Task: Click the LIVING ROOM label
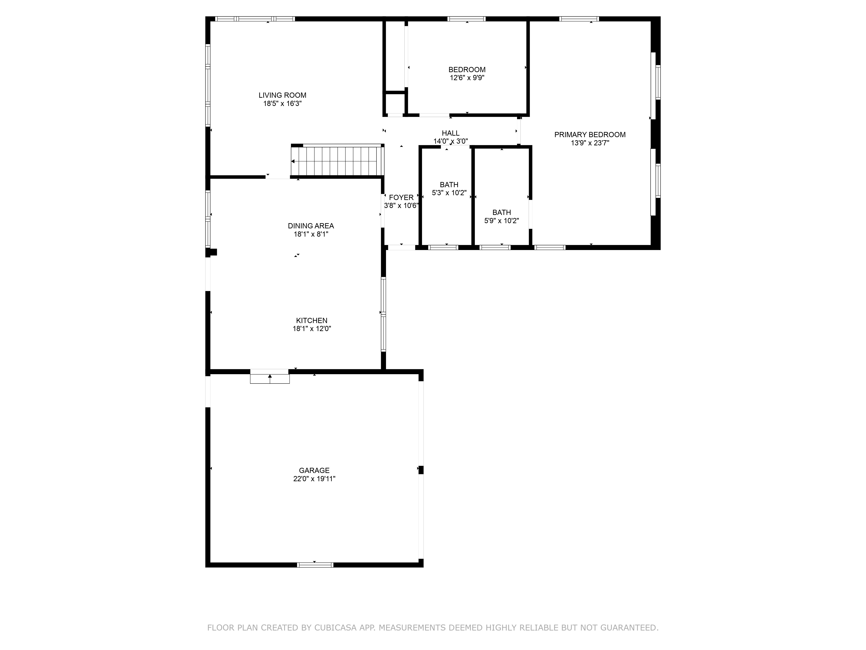point(282,95)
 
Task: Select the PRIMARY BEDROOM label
point(590,135)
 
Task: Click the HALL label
point(450,133)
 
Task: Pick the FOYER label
point(401,197)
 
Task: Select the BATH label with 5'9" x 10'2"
point(501,212)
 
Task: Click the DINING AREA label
point(311,226)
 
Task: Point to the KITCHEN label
point(312,320)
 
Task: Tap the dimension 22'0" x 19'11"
point(314,479)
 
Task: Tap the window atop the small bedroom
point(466,19)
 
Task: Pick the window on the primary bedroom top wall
point(579,19)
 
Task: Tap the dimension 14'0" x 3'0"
point(450,141)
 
